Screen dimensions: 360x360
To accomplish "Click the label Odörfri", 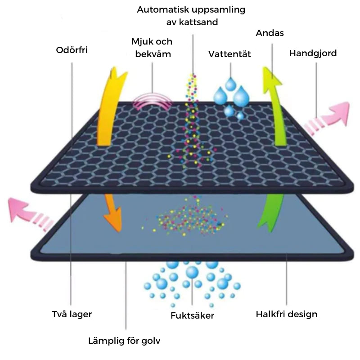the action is [x=72, y=50].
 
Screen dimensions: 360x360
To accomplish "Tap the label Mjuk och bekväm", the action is [x=152, y=48].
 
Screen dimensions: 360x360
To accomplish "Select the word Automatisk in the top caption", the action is [x=163, y=9].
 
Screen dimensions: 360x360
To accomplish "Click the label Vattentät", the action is [x=229, y=54].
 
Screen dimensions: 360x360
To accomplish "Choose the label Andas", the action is [x=270, y=33].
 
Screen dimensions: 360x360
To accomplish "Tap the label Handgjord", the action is [x=313, y=53].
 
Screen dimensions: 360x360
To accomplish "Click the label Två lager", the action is [x=72, y=314].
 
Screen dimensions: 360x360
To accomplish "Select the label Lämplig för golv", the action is [x=124, y=341].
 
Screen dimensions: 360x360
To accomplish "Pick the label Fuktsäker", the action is [x=193, y=315].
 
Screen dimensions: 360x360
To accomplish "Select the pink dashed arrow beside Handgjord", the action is [x=327, y=118].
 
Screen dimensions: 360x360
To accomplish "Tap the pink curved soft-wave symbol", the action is [x=152, y=101].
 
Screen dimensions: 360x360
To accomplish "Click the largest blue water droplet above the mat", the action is [x=241, y=96].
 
